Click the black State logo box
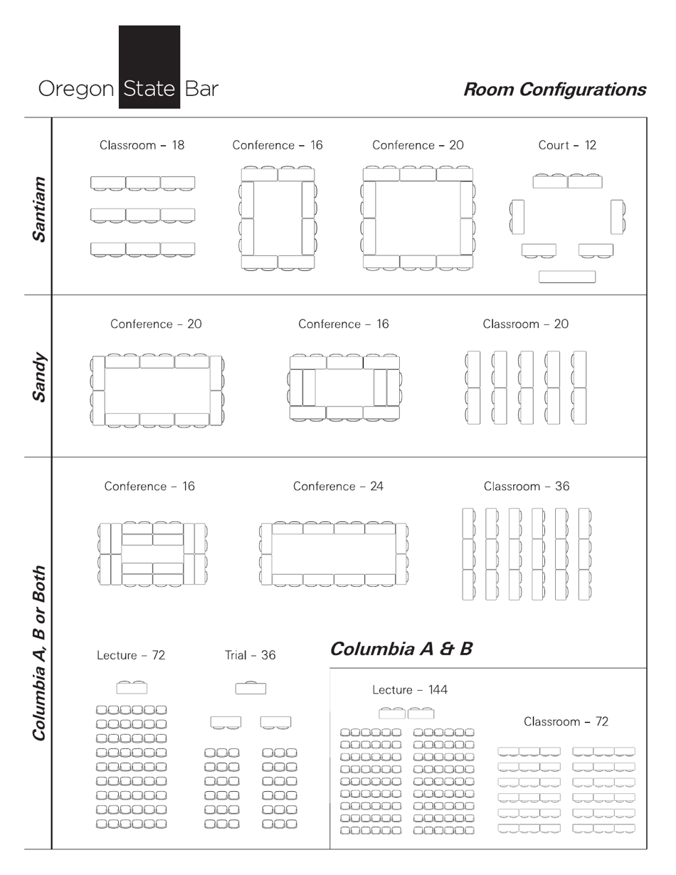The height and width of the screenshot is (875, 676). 149,67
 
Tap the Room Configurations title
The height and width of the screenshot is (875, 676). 554,90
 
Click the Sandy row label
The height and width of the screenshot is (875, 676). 40,376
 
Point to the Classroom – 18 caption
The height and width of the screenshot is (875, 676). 142,145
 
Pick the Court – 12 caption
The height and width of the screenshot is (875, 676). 567,145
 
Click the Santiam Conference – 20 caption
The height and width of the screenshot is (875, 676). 418,145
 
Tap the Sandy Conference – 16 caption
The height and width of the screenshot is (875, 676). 344,324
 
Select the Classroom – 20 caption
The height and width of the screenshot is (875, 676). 526,324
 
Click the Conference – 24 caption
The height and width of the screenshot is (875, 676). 338,487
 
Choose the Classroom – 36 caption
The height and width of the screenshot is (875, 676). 527,487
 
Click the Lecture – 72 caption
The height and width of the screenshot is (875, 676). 131,655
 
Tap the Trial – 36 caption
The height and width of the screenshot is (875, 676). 250,655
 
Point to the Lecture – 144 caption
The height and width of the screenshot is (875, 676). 410,690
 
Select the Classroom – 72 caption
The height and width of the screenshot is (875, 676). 566,721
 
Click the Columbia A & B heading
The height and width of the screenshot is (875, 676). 401,649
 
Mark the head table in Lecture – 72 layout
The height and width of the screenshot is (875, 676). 132,688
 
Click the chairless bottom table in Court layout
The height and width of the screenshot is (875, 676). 567,277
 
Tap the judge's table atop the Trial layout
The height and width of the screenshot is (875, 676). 250,688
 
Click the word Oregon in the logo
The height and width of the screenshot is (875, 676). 75,90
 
